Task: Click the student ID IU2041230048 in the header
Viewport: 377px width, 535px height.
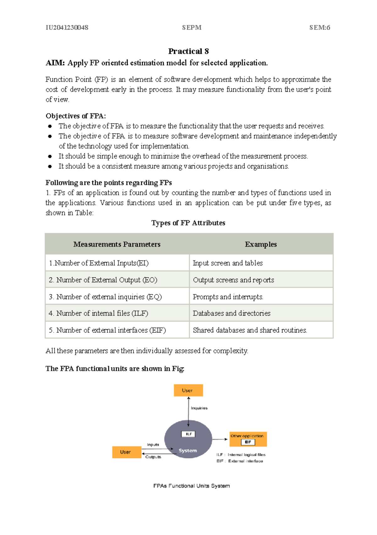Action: coord(67,28)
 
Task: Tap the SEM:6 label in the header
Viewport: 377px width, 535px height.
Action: coord(320,28)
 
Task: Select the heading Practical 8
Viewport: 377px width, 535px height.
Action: coord(188,51)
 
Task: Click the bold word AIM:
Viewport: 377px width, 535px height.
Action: coord(55,63)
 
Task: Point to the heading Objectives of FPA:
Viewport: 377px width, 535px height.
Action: coord(76,116)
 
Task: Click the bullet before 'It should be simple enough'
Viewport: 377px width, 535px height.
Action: coord(50,156)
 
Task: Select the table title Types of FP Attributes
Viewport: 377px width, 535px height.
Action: coord(188,223)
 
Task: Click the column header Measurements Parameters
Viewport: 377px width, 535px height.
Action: coord(117,244)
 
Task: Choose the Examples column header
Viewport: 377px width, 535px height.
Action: coord(261,244)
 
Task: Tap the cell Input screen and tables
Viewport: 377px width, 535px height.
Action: coord(228,263)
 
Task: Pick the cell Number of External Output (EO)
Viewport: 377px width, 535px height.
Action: coord(103,280)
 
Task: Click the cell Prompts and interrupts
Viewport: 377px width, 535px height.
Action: coord(228,297)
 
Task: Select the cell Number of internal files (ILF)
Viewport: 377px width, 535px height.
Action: coord(98,313)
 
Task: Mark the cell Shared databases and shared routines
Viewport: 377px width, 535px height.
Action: coord(250,330)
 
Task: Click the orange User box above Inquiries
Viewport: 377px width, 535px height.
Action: coord(188,390)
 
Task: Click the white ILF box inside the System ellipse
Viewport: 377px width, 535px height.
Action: coord(188,434)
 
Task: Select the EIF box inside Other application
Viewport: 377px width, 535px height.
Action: coord(248,442)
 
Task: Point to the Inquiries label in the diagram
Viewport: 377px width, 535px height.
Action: coord(199,408)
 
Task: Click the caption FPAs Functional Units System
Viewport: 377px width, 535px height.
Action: coord(191,486)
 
